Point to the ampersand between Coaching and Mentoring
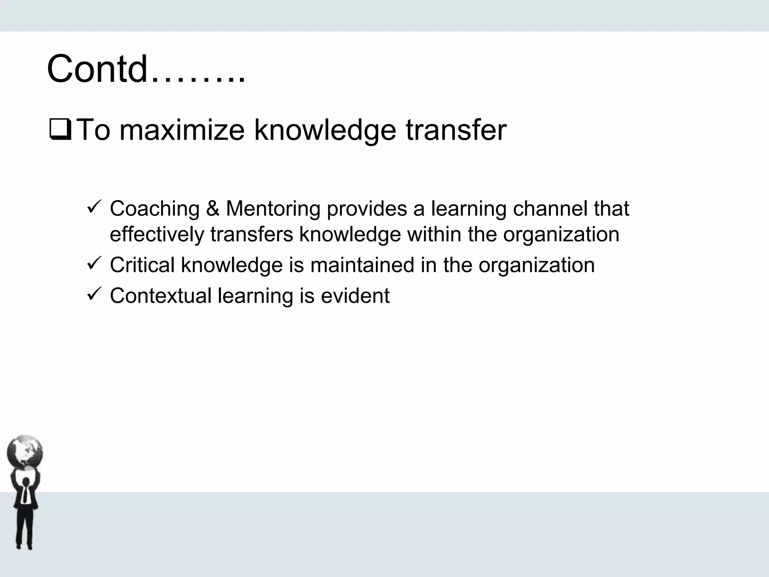[213, 208]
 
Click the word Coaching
[154, 209]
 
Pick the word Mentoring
[273, 208]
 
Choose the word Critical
[142, 265]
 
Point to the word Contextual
[161, 296]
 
